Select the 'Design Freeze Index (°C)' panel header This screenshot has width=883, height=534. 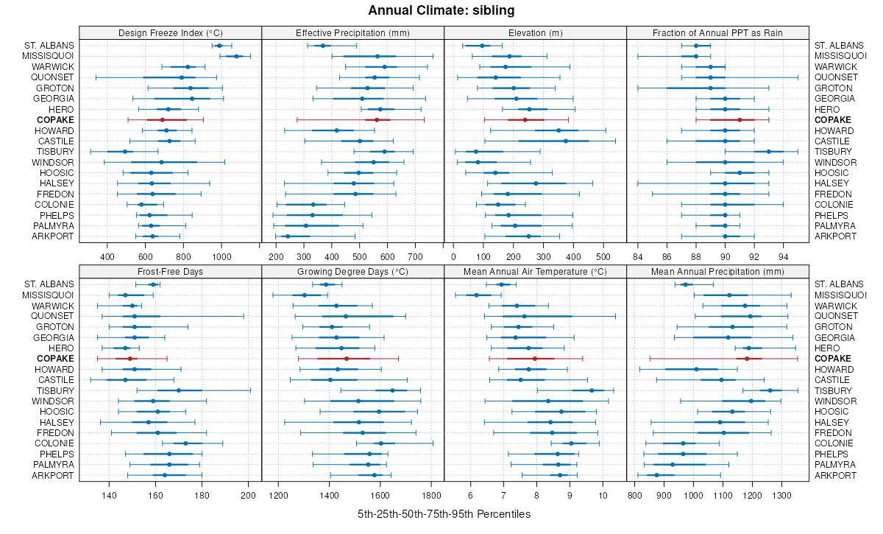point(170,32)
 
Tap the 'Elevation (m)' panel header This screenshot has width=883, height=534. point(535,32)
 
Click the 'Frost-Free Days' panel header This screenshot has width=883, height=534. point(170,271)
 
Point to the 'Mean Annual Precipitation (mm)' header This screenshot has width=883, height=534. point(717,271)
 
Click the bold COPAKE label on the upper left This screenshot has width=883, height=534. point(57,120)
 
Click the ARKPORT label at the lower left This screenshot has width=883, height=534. point(52,236)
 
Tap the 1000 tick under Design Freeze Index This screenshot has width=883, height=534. point(221,256)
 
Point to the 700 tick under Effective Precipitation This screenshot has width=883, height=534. point(415,256)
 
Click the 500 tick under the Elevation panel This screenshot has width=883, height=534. point(603,256)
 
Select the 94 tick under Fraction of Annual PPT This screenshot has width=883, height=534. point(783,256)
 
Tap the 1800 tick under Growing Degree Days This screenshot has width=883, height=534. point(432,495)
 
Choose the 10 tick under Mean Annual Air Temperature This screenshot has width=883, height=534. point(603,495)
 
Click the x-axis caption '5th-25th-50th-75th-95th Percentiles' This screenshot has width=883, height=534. point(444,513)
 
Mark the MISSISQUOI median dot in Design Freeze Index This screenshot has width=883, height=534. point(236,56)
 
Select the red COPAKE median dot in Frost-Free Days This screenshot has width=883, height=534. point(130,359)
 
